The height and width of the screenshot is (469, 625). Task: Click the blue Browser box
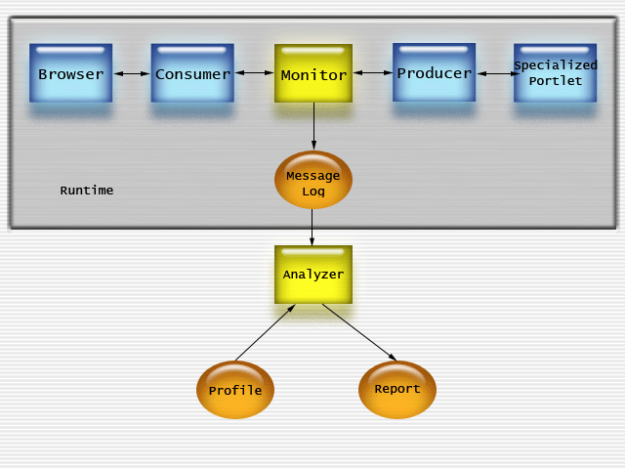70,73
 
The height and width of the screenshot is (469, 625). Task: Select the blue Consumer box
192,73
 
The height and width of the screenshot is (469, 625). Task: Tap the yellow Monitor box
313,74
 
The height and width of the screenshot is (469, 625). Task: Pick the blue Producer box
435,72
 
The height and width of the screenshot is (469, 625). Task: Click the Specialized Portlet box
555,73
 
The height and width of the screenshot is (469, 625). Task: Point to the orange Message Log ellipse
313,181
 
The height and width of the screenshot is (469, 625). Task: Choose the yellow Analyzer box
313,275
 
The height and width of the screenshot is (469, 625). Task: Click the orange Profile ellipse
235,391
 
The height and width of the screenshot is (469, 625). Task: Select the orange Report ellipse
397,390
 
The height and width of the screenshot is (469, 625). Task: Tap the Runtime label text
87,191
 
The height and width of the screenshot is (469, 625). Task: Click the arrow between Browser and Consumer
132,73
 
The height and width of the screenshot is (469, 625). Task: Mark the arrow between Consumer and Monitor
254,72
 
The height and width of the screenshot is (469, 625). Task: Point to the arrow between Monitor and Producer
373,72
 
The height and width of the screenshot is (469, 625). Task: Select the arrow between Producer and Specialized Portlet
495,72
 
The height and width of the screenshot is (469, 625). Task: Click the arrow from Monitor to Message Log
313,127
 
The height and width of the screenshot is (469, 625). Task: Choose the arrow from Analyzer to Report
358,332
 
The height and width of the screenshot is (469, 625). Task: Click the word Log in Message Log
313,192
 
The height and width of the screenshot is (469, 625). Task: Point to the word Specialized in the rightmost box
556,65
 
